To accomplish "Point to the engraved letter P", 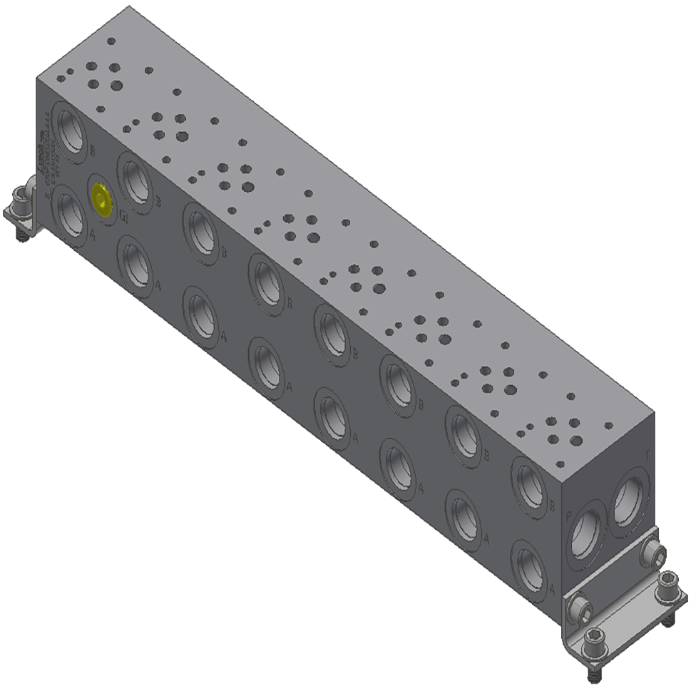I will (x=568, y=516).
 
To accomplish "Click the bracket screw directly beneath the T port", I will (x=654, y=553).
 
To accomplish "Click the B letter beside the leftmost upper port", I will (x=93, y=150).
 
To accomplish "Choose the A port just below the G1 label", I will (x=135, y=264).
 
